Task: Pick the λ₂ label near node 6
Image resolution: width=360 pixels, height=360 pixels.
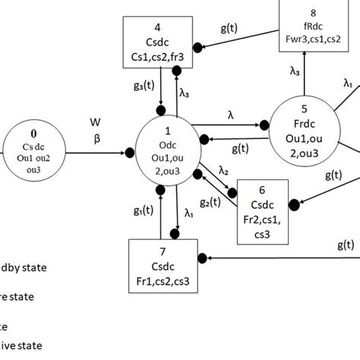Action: pyautogui.click(x=223, y=170)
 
